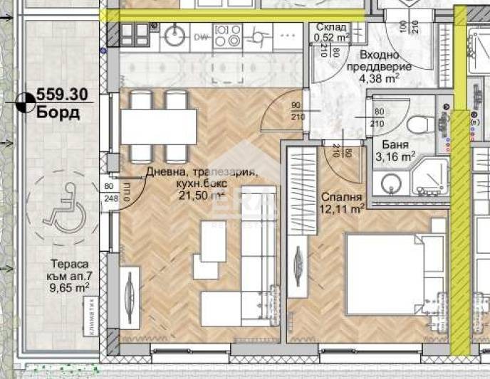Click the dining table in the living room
pos(158,127)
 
